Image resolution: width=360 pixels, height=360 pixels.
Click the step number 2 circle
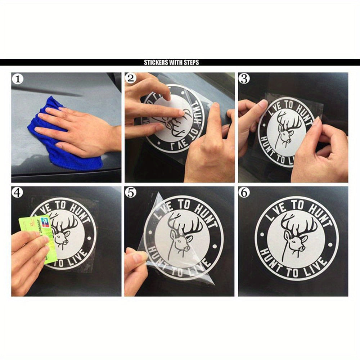(130, 78)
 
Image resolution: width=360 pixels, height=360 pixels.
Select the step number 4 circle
(17, 193)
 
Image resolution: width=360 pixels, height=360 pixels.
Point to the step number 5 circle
(130, 193)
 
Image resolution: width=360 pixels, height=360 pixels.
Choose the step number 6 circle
(244, 193)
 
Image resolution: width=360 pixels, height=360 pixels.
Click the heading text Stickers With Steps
(171, 63)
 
